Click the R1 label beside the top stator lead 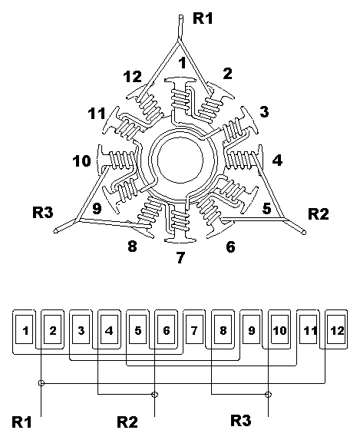pos(203,18)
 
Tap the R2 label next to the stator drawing pos(319,214)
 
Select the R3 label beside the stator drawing pos(43,212)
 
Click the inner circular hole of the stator pos(180,160)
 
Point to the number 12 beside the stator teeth pos(133,77)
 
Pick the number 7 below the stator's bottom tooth pos(181,257)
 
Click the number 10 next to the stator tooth pos(82,161)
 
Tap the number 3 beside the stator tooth pos(264,111)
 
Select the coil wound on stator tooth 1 pos(180,99)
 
